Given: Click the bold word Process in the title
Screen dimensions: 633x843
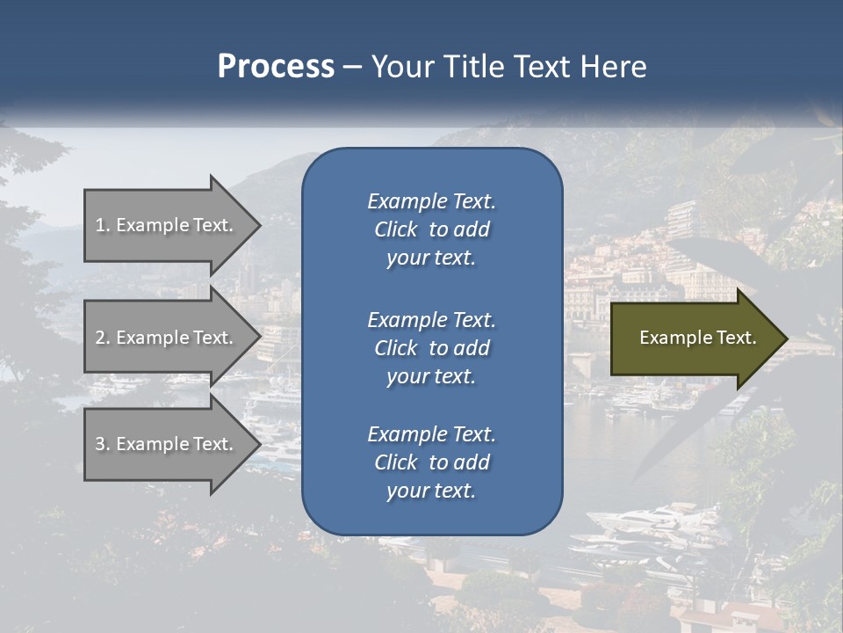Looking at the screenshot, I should tap(276, 67).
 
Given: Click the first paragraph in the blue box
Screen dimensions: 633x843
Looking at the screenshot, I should tap(431, 229).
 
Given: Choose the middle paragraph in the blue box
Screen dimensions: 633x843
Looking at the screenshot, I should tap(431, 347).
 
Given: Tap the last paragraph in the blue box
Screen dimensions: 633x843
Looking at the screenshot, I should tap(431, 462).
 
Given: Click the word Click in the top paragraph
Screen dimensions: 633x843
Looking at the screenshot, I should tap(395, 229).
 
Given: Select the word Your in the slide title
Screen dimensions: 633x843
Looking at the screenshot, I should tap(400, 67).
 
